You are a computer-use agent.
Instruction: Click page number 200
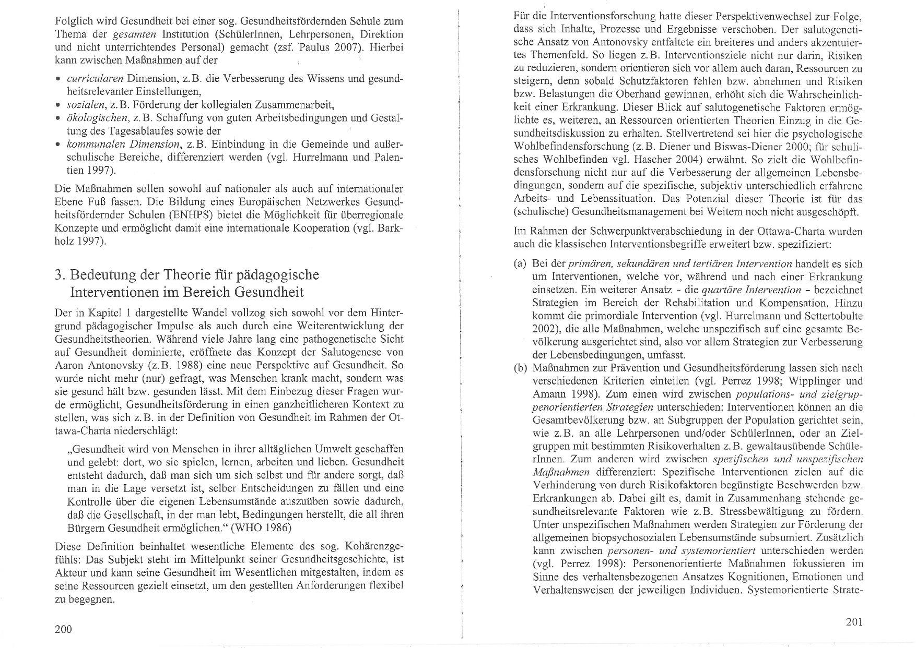pos(63,629)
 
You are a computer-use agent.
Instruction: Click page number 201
pos(854,621)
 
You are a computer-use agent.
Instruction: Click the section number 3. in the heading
pos(60,274)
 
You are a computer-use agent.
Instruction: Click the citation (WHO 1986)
pos(262,527)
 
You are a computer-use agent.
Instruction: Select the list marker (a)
pos(520,264)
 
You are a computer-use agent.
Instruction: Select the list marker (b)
pos(520,368)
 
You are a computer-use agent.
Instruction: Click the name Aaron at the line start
pos(68,365)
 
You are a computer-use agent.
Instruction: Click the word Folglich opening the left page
pos(73,22)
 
